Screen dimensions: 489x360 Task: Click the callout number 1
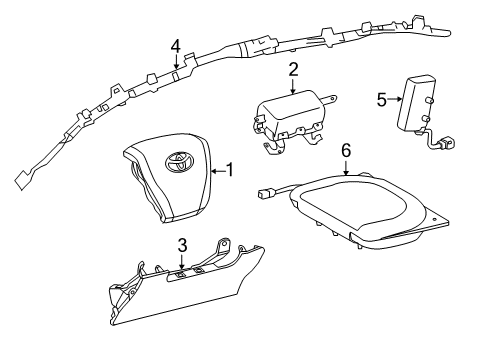[x=230, y=170]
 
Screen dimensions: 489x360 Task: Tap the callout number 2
[x=293, y=69]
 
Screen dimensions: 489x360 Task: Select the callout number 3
[x=182, y=246]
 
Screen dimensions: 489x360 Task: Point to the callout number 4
[x=176, y=46]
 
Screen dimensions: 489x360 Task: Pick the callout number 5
[x=382, y=99]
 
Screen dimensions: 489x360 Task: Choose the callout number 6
[x=346, y=150]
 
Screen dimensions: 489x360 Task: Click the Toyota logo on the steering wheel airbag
[x=179, y=162]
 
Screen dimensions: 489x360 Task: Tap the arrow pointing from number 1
[x=219, y=171]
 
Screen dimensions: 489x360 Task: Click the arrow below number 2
[x=293, y=86]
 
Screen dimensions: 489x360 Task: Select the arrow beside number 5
[x=396, y=99]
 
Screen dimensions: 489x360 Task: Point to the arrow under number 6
[x=346, y=168]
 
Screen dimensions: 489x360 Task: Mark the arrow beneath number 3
[x=182, y=262]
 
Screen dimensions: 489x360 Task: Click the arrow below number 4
[x=176, y=62]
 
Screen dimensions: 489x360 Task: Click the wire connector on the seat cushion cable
[x=265, y=193]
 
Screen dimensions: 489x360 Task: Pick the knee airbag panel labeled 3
[x=187, y=283]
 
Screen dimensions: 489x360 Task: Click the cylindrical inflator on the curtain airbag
[x=257, y=47]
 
